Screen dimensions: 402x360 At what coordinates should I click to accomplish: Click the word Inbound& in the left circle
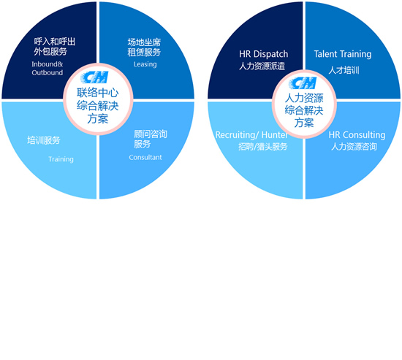tap(48, 64)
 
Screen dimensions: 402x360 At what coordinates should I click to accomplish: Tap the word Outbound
tap(48, 72)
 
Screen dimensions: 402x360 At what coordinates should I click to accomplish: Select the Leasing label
tap(145, 64)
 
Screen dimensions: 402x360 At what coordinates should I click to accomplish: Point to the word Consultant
tap(145, 157)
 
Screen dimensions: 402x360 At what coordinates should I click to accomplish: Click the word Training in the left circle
tap(61, 159)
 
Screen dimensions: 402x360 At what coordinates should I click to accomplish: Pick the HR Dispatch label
tap(264, 54)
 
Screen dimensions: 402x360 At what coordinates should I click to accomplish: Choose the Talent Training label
tap(343, 54)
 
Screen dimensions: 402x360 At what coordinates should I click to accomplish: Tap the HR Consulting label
tap(357, 135)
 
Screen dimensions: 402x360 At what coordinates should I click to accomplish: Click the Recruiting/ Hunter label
tap(251, 135)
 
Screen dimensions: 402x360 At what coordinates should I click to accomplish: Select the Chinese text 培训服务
tap(44, 140)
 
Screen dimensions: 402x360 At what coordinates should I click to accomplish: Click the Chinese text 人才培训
tap(344, 70)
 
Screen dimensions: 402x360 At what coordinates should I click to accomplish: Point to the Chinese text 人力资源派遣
tap(262, 66)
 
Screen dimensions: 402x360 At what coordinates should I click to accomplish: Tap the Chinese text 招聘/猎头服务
tap(263, 147)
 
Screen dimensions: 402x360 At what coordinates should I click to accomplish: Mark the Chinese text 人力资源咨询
tap(354, 147)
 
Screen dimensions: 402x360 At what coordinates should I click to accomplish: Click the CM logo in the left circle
tap(94, 77)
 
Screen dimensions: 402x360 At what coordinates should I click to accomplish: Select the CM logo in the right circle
tap(303, 83)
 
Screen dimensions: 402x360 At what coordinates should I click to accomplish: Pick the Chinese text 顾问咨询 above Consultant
tap(151, 134)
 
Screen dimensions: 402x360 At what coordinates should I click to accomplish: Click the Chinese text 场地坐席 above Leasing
tap(144, 42)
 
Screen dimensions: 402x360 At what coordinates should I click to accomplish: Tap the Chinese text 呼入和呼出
tap(55, 42)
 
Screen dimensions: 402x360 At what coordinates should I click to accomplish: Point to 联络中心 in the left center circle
tap(98, 93)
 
